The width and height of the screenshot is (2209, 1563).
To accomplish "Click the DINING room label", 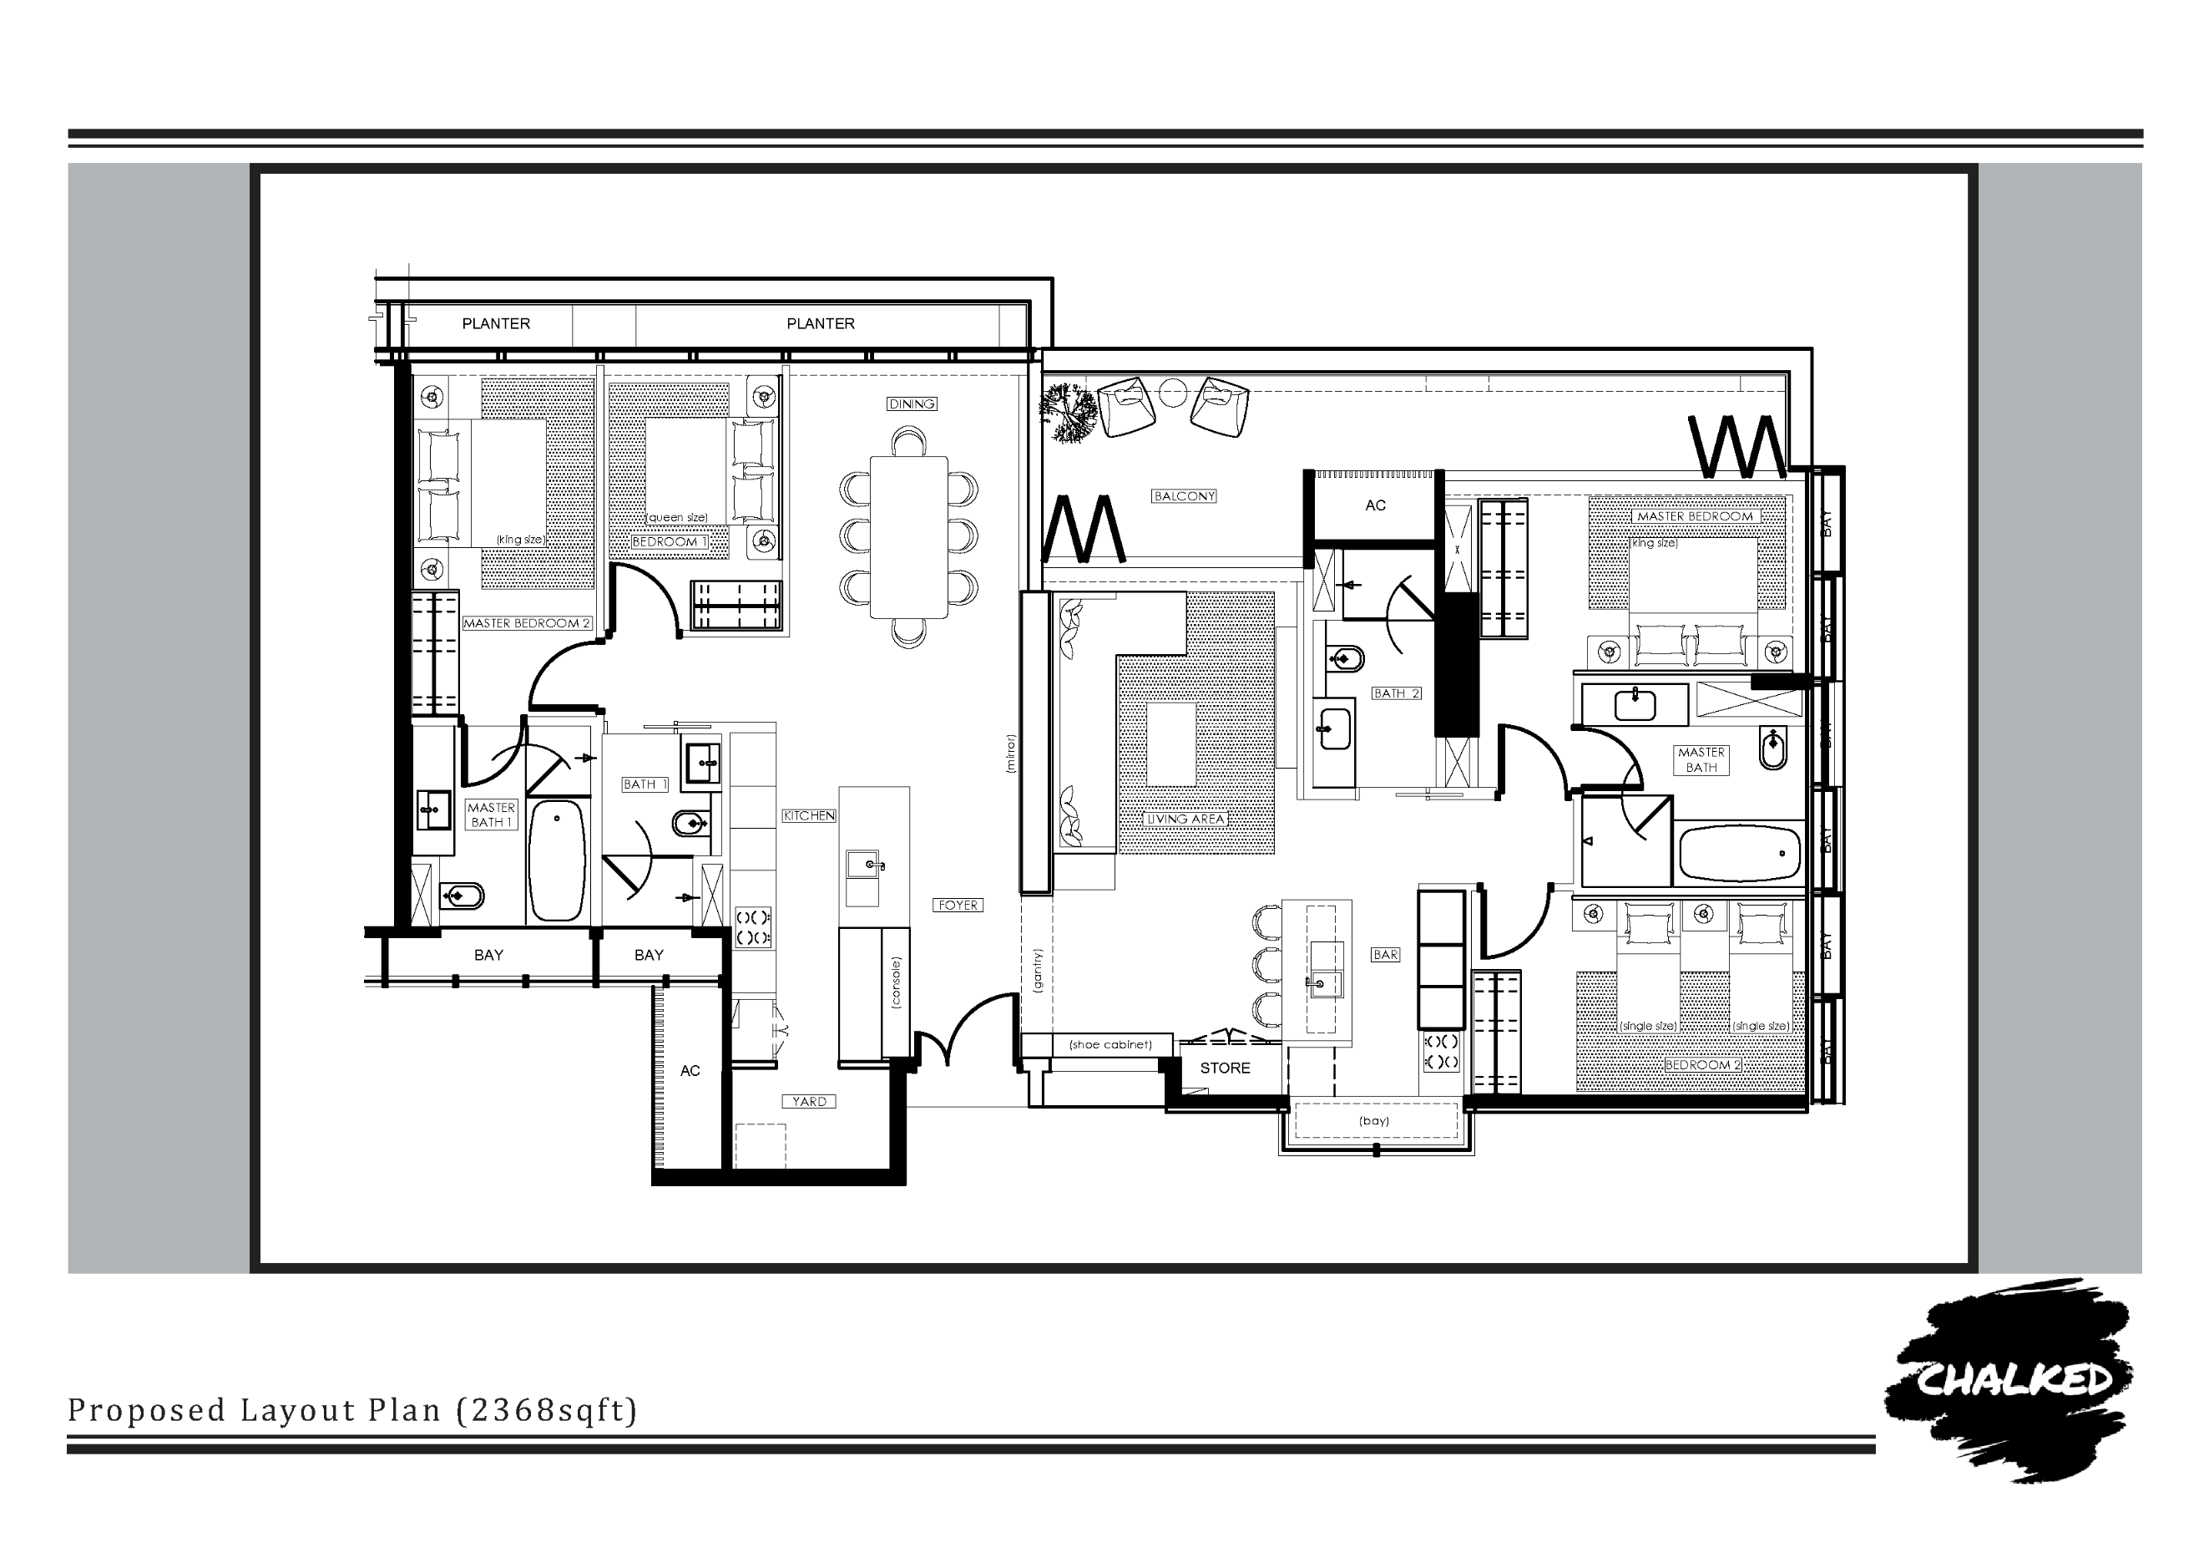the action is click(x=912, y=404).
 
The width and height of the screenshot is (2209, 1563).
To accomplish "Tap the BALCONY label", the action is click(x=1185, y=496).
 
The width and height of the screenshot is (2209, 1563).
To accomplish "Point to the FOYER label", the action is click(x=958, y=906).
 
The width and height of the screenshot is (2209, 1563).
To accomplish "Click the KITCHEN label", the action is click(x=809, y=816).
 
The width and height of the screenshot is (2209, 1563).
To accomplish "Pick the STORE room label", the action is click(x=1225, y=1068).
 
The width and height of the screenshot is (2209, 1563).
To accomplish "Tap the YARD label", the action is click(x=809, y=1102).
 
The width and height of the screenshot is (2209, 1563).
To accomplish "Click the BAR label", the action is click(x=1386, y=955).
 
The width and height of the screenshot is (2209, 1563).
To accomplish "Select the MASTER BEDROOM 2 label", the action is click(x=526, y=624).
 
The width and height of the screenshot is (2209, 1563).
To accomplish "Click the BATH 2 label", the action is click(x=1396, y=694).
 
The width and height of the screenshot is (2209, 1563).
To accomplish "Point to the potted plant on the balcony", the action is click(x=1068, y=413).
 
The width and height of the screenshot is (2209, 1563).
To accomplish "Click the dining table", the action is click(x=908, y=537).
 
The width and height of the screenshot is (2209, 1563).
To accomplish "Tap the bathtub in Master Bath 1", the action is click(x=557, y=860).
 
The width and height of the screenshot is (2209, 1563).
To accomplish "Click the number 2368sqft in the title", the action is click(x=545, y=1410).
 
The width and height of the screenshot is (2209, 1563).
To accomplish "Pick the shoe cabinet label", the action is click(x=1110, y=1045).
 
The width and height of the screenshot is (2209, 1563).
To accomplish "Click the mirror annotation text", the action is click(x=1010, y=754).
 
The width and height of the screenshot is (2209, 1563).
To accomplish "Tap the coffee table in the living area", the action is click(x=1171, y=745).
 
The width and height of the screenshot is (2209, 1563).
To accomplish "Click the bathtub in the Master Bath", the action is click(x=1738, y=853).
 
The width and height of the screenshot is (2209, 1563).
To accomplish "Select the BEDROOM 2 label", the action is click(x=1703, y=1065).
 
